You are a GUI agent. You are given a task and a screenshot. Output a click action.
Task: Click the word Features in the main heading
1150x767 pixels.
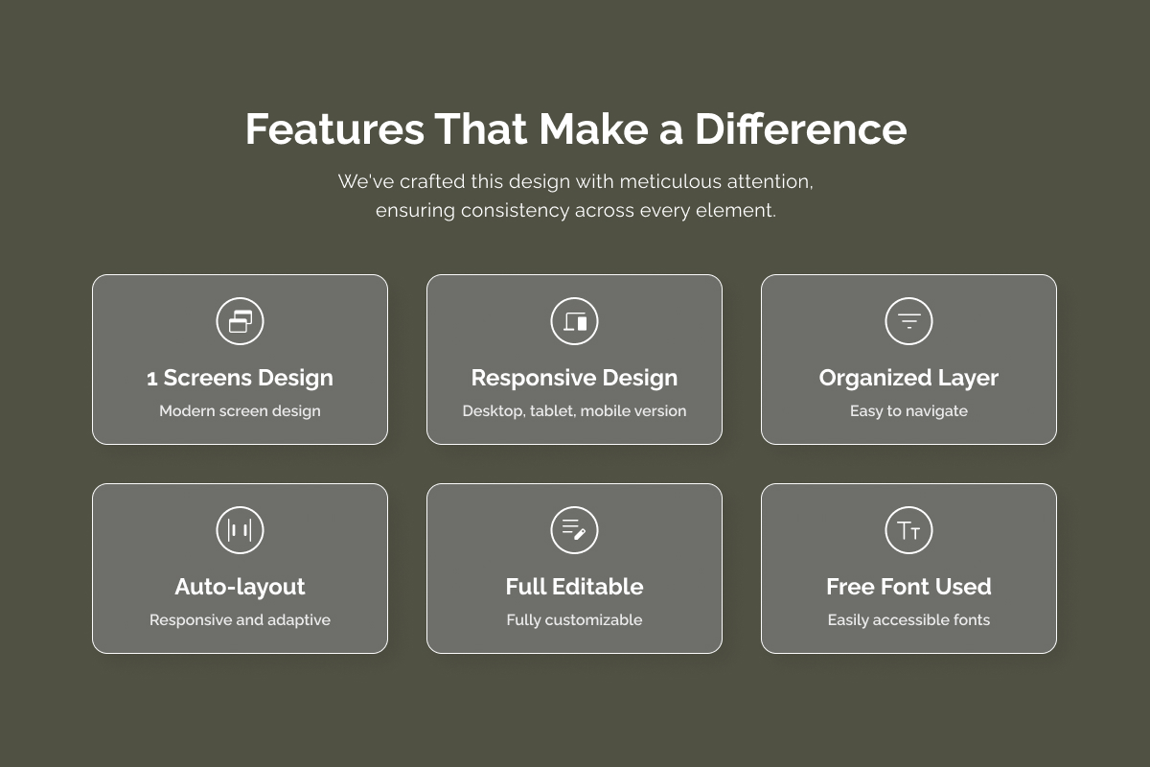334,128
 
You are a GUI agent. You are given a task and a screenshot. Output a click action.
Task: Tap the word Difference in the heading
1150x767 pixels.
801,128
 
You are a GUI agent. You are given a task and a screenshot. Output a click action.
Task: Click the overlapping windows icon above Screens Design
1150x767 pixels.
240,321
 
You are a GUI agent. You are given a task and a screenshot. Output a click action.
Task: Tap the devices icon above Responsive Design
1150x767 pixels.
574,321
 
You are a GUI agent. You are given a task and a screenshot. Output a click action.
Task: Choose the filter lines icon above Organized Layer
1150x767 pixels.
908,321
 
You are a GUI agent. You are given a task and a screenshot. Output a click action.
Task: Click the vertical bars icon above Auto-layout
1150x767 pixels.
240,530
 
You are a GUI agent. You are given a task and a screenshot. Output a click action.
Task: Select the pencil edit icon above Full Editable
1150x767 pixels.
574,530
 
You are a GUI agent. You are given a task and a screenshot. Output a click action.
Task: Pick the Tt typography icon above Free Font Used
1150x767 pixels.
908,530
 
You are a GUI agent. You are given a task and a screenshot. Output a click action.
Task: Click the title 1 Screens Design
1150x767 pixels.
240,378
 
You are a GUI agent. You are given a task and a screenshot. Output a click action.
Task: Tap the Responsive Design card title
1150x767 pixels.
574,378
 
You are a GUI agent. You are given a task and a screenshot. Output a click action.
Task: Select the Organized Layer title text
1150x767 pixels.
908,378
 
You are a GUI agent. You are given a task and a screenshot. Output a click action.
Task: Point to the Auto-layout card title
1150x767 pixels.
240,587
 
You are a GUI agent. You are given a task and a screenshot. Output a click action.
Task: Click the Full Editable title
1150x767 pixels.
574,587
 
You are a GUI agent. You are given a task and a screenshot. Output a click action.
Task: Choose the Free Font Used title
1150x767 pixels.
908,587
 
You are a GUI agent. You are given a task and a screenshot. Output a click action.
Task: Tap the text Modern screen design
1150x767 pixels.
240,411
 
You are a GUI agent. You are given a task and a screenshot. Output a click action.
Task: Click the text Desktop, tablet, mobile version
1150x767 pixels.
574,411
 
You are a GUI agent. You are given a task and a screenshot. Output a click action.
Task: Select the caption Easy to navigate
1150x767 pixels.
908,411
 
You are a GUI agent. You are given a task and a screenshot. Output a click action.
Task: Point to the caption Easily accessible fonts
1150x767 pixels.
908,620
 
